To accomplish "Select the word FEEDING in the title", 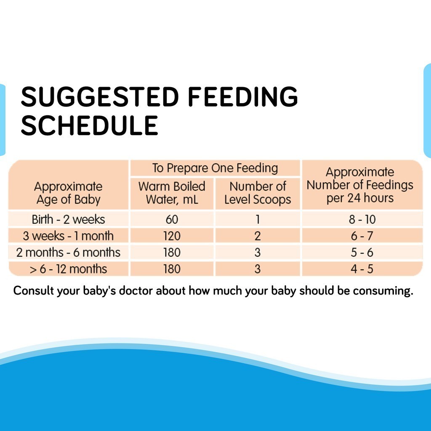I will (x=243, y=97).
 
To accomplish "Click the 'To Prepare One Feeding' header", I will (x=215, y=168).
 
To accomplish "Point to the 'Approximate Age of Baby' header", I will (x=68, y=193).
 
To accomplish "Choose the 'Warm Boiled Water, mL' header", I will (x=172, y=193).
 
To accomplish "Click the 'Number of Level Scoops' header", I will (x=258, y=193).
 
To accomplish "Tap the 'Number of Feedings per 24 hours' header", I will (x=360, y=185).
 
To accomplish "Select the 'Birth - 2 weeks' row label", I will (x=68, y=219).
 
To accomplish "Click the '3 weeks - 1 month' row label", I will (x=68, y=236).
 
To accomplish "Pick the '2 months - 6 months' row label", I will (x=68, y=253).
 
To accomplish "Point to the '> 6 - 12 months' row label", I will (x=68, y=269).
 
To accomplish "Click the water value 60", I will (x=172, y=219).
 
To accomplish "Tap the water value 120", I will (x=172, y=236).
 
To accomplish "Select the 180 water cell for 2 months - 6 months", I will (x=172, y=253).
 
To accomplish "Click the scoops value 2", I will (x=258, y=236).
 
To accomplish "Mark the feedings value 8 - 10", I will (x=362, y=219).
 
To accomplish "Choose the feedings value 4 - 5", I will (x=362, y=269).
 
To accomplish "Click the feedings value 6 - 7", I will (x=362, y=236).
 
